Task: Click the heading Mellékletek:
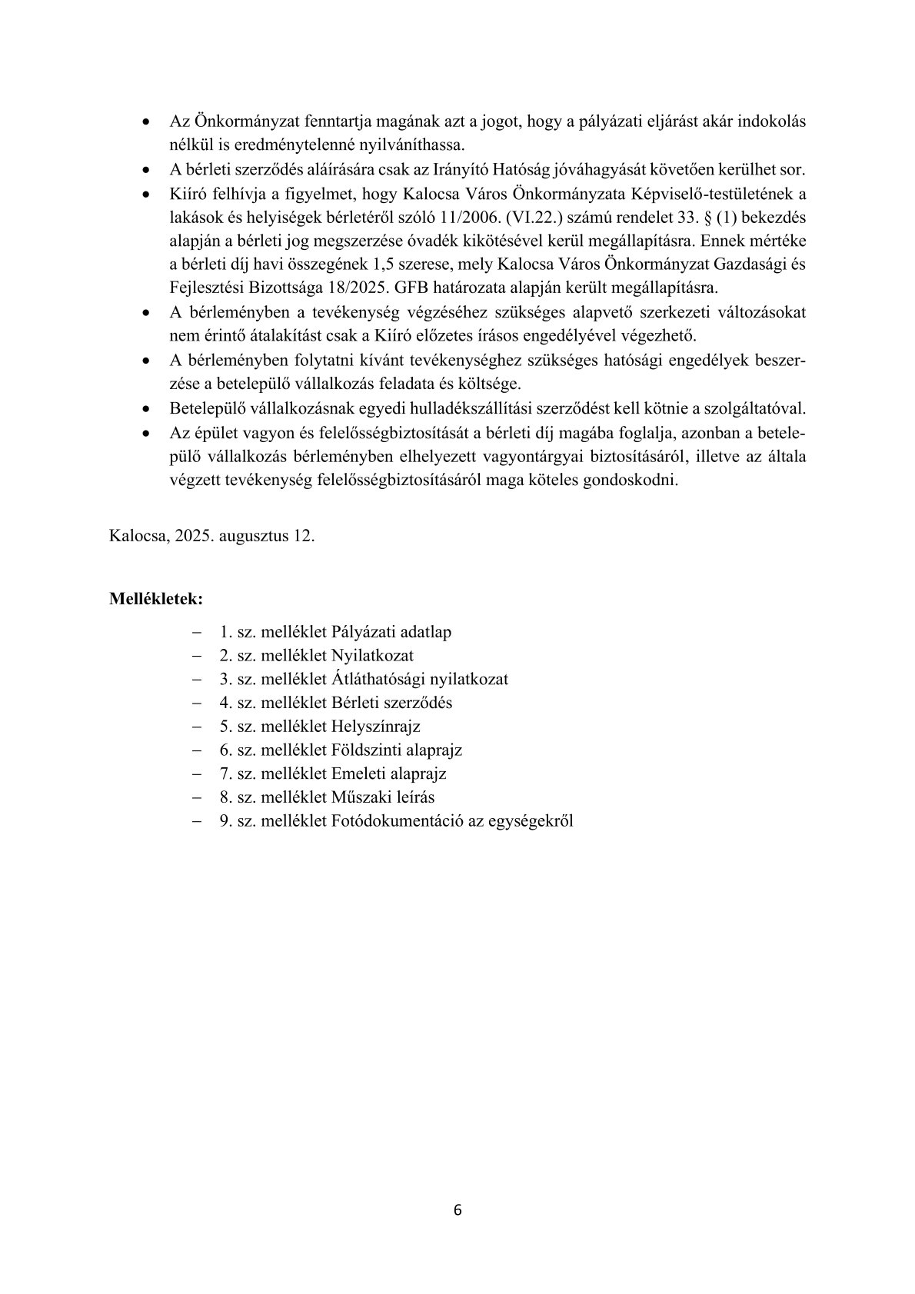click(156, 597)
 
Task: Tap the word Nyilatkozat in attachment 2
click(372, 655)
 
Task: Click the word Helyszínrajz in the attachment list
click(376, 726)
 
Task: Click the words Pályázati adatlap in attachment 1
click(391, 632)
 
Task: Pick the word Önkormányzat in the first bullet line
click(238, 122)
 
